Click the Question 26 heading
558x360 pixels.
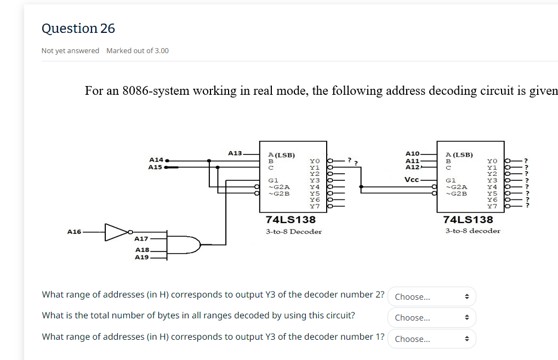pyautogui.click(x=78, y=28)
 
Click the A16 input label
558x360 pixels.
pyautogui.click(x=74, y=232)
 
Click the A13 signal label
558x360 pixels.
pyautogui.click(x=235, y=153)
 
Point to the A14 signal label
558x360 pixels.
pyautogui.click(x=156, y=159)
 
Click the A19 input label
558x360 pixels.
pyautogui.click(x=142, y=257)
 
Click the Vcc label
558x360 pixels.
pyautogui.click(x=412, y=180)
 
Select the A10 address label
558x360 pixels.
pyautogui.click(x=412, y=154)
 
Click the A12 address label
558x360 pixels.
pyautogui.click(x=412, y=167)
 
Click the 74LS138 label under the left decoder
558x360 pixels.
pyautogui.click(x=291, y=219)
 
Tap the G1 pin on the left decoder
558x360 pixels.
pyautogui.click(x=272, y=180)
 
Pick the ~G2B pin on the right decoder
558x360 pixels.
pyautogui.click(x=457, y=193)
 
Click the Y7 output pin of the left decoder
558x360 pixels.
pyautogui.click(x=315, y=206)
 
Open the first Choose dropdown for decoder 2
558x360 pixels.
pyautogui.click(x=431, y=297)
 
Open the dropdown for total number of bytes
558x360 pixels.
pyautogui.click(x=431, y=318)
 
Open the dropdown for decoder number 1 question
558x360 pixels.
pyautogui.click(x=431, y=339)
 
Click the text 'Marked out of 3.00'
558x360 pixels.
pyautogui.click(x=137, y=50)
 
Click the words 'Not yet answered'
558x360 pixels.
pyautogui.click(x=70, y=50)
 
